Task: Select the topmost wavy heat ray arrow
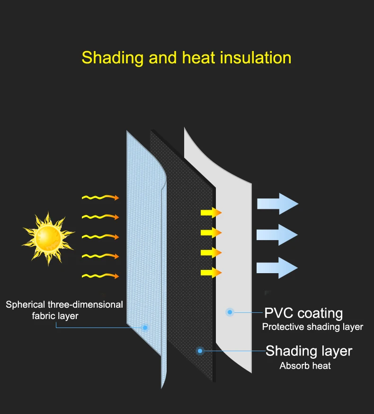point(100,198)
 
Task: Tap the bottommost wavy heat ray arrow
point(100,276)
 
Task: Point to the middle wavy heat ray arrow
point(100,236)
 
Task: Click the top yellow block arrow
point(211,213)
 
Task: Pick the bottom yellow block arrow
point(211,273)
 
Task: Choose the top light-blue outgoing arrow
point(277,204)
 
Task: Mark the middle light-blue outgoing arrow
point(277,234)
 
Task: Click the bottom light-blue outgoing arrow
point(277,267)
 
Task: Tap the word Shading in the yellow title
point(112,58)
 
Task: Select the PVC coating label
point(303,313)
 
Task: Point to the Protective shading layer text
point(312,327)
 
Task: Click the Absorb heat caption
point(305,366)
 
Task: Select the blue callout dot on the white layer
point(230,312)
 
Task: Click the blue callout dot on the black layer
point(200,351)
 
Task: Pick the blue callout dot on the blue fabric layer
point(145,328)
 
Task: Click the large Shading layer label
point(309,351)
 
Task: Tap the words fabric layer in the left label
point(55,316)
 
